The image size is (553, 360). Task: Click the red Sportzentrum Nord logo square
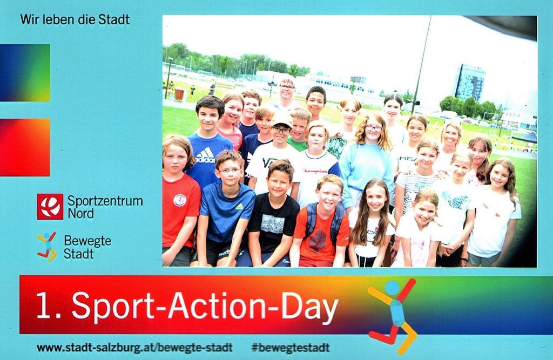pyautogui.click(x=50, y=206)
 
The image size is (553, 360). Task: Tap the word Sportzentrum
pyautogui.click(x=105, y=201)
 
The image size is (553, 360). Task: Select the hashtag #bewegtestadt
pyautogui.click(x=291, y=348)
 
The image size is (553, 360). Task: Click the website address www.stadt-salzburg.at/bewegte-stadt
pyautogui.click(x=134, y=348)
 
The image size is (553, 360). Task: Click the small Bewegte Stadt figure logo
pyautogui.click(x=47, y=247)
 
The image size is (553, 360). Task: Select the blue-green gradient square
pyautogui.click(x=25, y=73)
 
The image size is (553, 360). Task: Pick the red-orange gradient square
pyautogui.click(x=25, y=147)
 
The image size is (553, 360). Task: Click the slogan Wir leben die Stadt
pyautogui.click(x=75, y=19)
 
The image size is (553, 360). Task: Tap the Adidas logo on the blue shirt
pyautogui.click(x=206, y=155)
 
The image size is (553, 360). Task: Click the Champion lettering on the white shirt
pyautogui.click(x=315, y=171)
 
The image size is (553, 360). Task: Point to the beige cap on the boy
pyautogui.click(x=282, y=120)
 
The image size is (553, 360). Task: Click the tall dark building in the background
pyautogui.click(x=470, y=82)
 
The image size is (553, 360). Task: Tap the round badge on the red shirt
pyautogui.click(x=180, y=200)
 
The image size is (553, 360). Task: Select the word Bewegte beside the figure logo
pyautogui.click(x=87, y=241)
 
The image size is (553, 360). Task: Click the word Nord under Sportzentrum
pyautogui.click(x=81, y=214)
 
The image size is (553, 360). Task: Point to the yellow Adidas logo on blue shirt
pyautogui.click(x=239, y=206)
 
